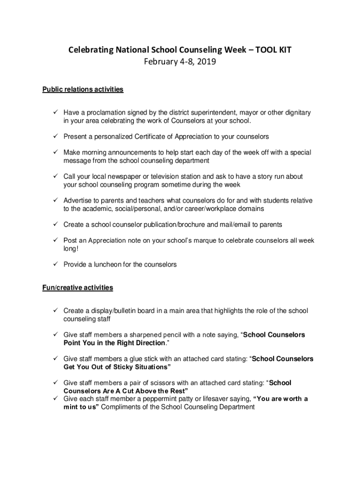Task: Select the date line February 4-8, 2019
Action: pos(180,61)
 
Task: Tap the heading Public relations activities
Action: pos(83,89)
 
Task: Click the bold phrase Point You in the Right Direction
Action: pos(115,343)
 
